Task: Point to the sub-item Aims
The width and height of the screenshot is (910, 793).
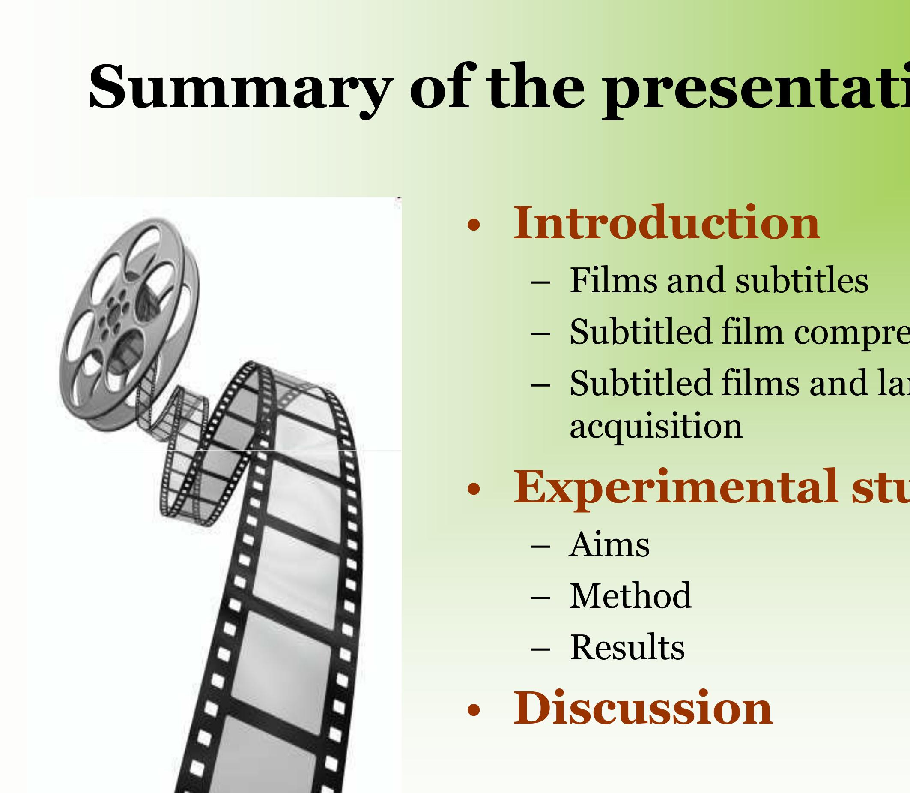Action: click(x=610, y=545)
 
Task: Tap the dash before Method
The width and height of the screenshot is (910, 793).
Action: click(x=540, y=598)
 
